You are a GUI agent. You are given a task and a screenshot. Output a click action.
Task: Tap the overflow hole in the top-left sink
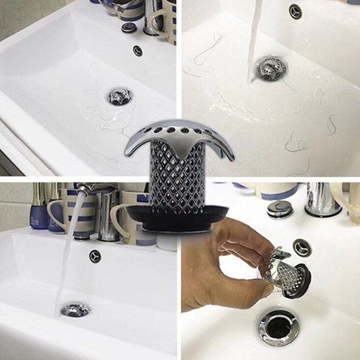(x=137, y=50)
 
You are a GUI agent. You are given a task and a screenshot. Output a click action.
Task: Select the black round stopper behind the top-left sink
(x=129, y=27)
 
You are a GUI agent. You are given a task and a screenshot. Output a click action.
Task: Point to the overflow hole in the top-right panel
(x=295, y=11)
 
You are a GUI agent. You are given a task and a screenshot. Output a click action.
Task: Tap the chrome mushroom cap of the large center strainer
(x=180, y=131)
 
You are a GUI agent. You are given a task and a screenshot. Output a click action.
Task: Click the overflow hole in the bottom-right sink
(x=301, y=248)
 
